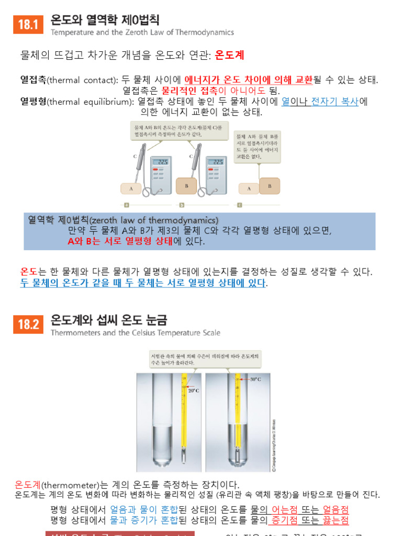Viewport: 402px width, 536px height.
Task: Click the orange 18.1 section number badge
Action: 28,25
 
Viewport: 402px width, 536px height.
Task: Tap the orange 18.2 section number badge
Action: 28,324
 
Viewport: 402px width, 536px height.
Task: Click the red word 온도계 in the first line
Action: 229,55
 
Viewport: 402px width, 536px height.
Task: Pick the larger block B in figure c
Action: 270,186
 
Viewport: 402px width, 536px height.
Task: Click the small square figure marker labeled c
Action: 240,205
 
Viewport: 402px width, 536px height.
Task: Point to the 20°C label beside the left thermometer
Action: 194,390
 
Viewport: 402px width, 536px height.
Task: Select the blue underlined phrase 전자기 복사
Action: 335,102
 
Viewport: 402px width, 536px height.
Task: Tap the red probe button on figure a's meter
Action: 155,170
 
